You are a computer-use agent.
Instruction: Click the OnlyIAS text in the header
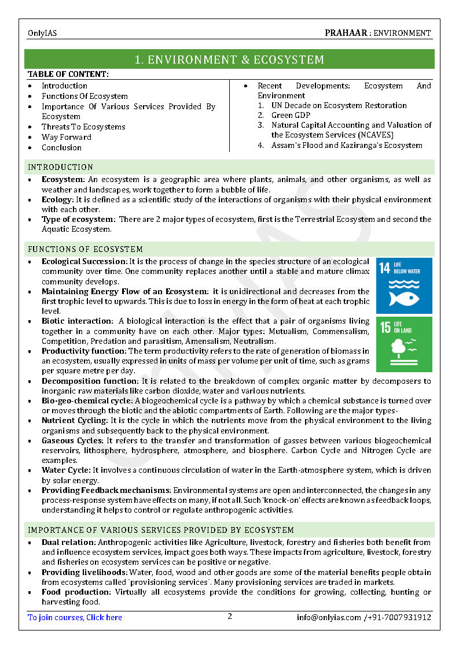click(42, 34)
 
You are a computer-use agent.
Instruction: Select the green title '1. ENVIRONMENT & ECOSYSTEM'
click(229, 60)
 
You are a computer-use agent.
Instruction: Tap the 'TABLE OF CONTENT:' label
click(68, 74)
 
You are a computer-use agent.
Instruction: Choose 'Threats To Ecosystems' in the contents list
click(83, 127)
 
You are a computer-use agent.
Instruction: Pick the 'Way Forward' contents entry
click(67, 137)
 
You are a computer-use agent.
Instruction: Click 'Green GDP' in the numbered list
click(291, 115)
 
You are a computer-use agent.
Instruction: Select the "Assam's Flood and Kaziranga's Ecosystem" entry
click(347, 145)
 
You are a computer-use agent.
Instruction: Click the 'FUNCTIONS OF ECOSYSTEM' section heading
click(86, 249)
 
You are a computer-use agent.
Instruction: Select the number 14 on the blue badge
click(384, 268)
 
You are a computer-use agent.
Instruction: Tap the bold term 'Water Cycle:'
click(66, 470)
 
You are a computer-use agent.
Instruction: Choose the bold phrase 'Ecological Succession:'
click(84, 262)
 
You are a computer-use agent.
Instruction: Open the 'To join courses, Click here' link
click(75, 617)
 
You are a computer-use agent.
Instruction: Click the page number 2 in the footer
click(230, 616)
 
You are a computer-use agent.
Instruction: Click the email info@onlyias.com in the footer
click(329, 617)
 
